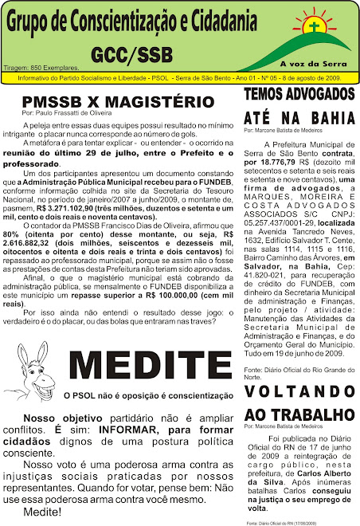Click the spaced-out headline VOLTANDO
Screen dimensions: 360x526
tap(298, 392)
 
